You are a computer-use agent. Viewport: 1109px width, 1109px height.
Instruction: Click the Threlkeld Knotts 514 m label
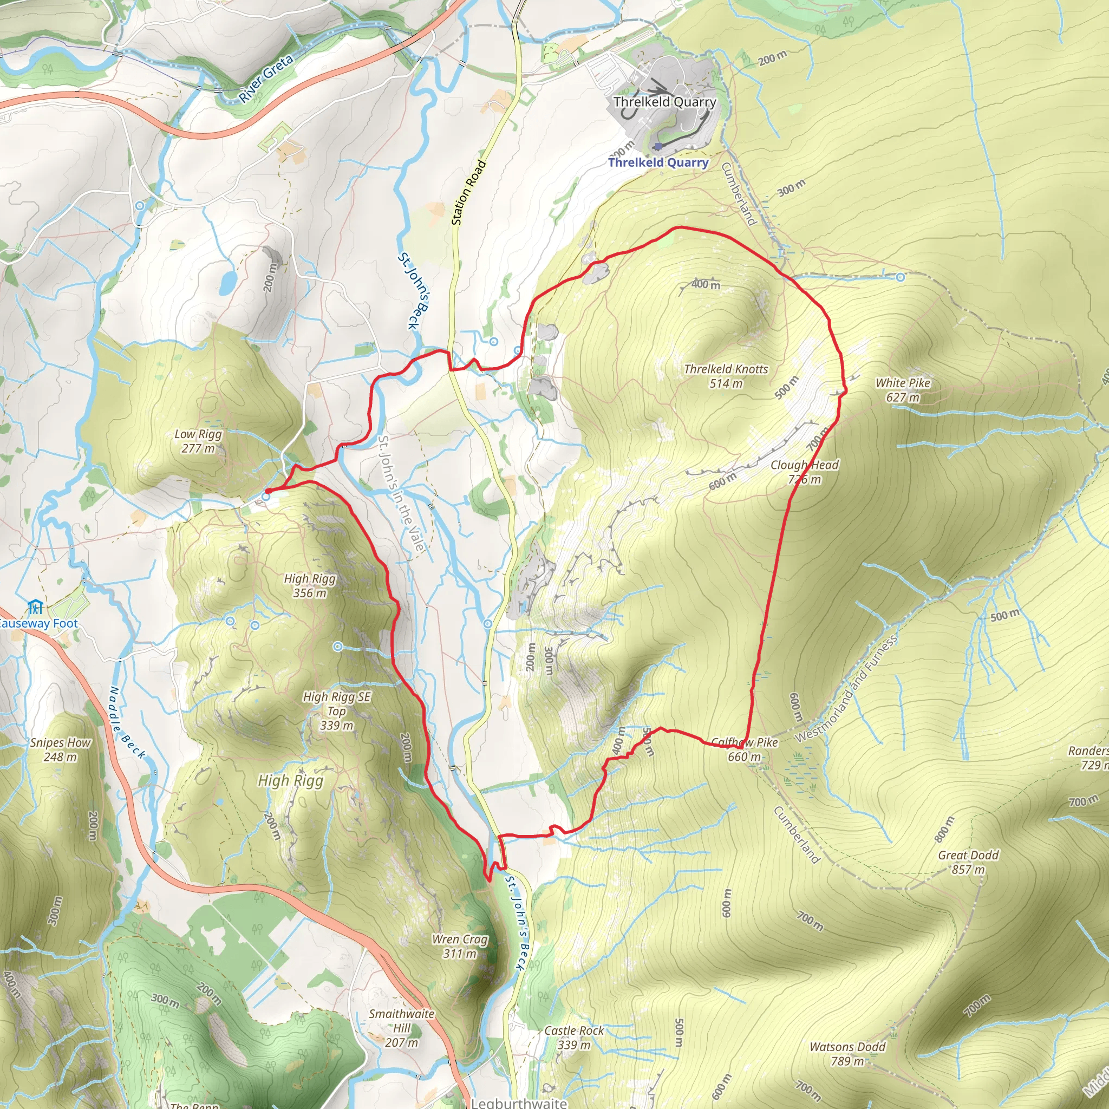click(726, 376)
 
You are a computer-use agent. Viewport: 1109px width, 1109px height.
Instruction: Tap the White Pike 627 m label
click(902, 390)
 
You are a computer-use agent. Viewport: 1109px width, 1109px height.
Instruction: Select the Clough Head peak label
click(804, 472)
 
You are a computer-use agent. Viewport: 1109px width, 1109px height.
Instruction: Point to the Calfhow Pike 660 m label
click(745, 749)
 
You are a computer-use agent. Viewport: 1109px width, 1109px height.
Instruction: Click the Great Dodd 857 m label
click(968, 862)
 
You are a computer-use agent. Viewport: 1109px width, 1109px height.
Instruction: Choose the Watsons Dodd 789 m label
click(847, 1054)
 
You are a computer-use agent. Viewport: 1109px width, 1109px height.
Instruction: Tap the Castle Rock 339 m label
click(574, 1037)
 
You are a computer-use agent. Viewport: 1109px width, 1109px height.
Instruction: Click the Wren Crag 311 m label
click(460, 947)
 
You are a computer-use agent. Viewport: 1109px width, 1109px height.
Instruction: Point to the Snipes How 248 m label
click(60, 749)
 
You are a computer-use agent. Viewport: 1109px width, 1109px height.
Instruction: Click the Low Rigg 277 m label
click(198, 441)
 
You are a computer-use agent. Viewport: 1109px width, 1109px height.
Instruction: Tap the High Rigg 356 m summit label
click(309, 585)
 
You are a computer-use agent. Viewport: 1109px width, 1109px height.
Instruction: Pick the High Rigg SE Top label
click(337, 710)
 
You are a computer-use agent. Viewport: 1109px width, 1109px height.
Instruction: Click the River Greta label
click(266, 78)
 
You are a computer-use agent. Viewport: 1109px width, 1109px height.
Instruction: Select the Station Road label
click(468, 193)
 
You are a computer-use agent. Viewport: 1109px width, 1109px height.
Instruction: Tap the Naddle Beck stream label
click(127, 722)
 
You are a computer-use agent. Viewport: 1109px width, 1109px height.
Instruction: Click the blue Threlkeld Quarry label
click(658, 162)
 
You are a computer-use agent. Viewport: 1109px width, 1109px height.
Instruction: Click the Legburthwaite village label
click(518, 1103)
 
